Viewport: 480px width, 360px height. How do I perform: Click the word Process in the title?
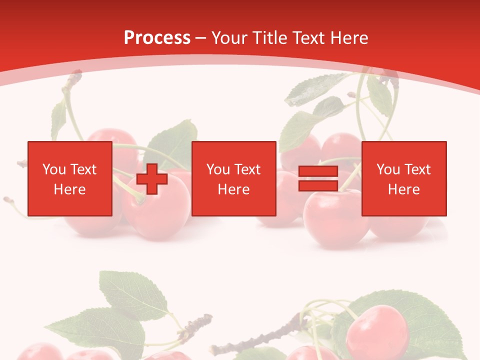[157, 38]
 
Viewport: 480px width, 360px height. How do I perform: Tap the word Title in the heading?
[269, 38]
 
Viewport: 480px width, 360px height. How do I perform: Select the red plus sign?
[152, 179]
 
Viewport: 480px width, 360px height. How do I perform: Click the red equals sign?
[318, 179]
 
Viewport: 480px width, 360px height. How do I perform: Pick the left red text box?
[70, 179]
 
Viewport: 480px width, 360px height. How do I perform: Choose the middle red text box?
[233, 179]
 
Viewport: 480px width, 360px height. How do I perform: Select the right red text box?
[403, 179]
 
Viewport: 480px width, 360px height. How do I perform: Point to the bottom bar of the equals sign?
[318, 185]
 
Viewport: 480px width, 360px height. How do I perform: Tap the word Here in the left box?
[70, 189]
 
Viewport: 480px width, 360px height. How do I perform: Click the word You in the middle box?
[218, 169]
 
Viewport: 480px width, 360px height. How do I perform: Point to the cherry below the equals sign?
[335, 220]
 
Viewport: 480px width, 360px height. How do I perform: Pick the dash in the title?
[200, 38]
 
